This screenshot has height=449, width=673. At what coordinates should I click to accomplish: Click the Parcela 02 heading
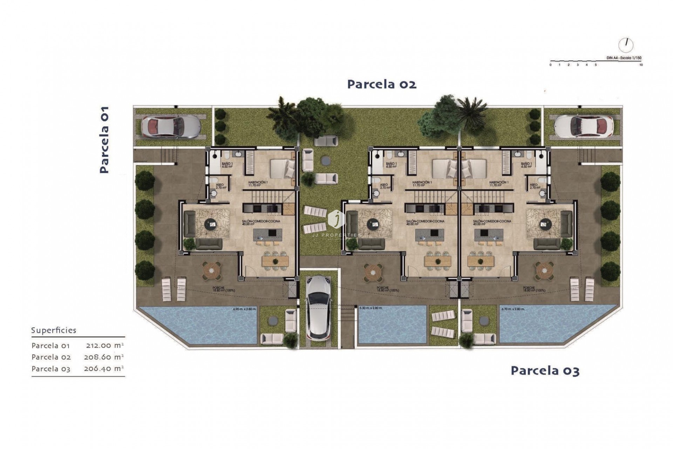point(381,84)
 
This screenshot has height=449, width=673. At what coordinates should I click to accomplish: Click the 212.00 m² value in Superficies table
point(105,346)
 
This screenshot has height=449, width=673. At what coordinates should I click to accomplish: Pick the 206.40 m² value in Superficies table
point(104,369)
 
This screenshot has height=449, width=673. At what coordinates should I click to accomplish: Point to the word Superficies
point(54,330)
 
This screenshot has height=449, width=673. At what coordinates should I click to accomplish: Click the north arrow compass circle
point(626,45)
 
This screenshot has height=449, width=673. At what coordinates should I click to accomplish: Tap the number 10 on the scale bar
point(641,65)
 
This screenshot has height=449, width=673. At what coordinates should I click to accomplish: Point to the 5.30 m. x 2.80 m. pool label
point(371,308)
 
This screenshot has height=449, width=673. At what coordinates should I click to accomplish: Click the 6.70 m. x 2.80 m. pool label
point(512,309)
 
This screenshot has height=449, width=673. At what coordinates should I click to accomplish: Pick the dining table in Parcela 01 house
point(275,261)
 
